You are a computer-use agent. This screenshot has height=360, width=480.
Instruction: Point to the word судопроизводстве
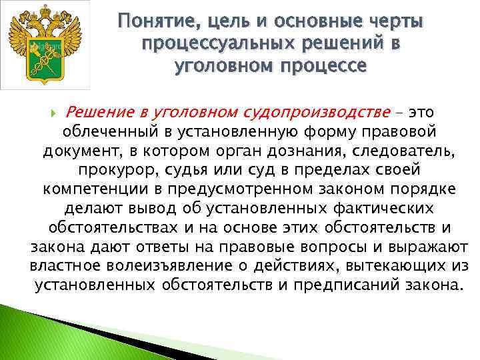pos(326,109)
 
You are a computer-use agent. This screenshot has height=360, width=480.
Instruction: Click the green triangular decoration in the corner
pos(40,333)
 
